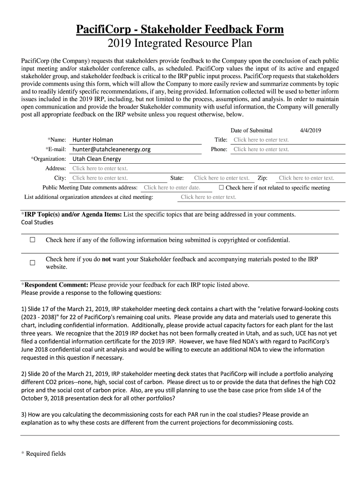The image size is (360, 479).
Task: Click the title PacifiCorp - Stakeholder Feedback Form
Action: click(180, 30)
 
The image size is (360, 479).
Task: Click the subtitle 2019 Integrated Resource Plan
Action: click(180, 44)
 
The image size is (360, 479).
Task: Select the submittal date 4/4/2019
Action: click(310, 131)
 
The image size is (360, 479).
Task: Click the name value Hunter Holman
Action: click(93, 140)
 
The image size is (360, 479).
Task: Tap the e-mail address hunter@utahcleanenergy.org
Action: click(111, 149)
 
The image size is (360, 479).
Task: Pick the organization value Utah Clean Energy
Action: click(96, 159)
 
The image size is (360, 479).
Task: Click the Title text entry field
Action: click(261, 140)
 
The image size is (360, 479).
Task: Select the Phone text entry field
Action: click(261, 149)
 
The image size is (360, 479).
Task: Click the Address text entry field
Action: click(100, 168)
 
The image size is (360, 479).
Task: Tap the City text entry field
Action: click(100, 178)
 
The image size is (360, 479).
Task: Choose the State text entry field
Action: click(222, 178)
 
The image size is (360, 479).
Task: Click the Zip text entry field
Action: click(306, 178)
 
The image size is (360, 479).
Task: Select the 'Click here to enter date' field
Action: click(172, 188)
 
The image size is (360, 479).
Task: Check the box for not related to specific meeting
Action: click(222, 188)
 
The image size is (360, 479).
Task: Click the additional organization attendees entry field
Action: click(209, 197)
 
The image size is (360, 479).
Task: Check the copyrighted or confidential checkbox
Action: click(32, 240)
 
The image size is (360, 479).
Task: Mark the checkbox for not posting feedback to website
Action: click(32, 263)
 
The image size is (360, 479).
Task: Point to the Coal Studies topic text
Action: click(37, 222)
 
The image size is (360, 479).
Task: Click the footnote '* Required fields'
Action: click(43, 453)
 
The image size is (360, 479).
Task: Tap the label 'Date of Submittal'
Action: click(252, 131)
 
